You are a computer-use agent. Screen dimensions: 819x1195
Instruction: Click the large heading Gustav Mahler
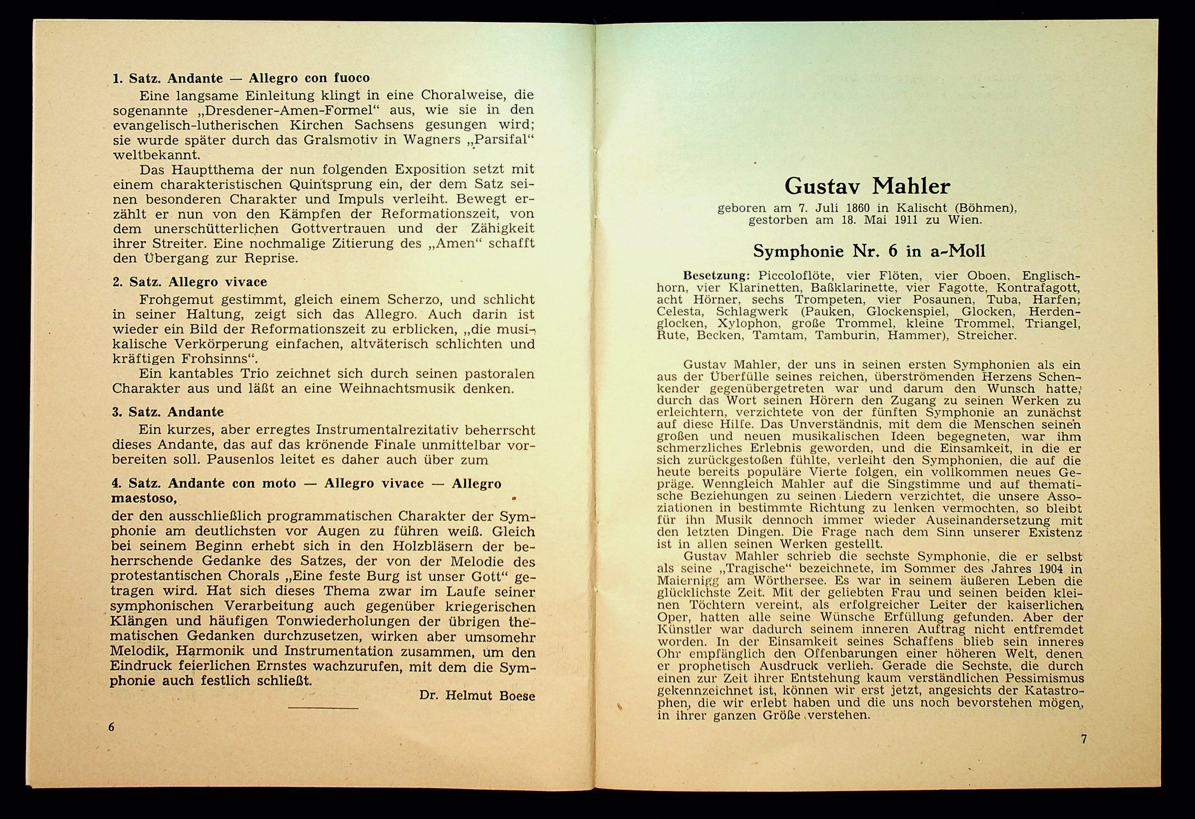tap(868, 186)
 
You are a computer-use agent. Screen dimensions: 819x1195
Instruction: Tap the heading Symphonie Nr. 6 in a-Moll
tap(869, 251)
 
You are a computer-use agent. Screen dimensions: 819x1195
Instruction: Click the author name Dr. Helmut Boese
tap(477, 695)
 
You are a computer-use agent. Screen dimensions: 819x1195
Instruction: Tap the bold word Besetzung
tap(716, 276)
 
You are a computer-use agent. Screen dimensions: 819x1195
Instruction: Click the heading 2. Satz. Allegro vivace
tap(190, 282)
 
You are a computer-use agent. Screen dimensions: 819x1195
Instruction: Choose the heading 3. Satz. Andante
tap(168, 412)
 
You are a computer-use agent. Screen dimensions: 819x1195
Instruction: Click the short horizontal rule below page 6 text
tap(323, 708)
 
